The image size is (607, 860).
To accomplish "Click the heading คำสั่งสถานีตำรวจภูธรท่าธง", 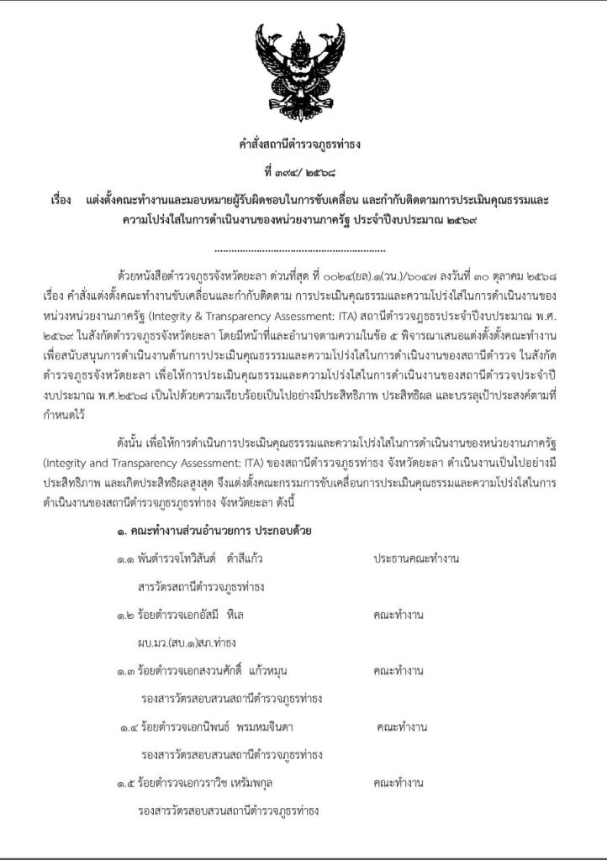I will [x=300, y=144].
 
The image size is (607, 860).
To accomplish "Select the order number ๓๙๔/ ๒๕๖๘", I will [x=300, y=172].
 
